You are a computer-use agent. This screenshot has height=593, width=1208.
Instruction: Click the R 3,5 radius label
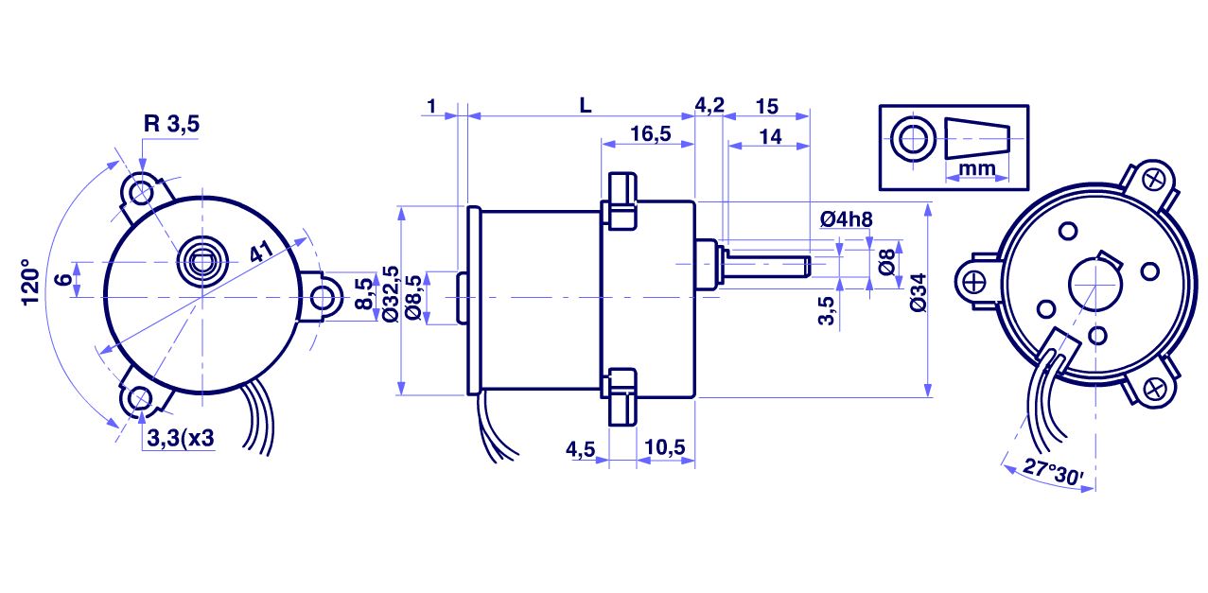point(171,123)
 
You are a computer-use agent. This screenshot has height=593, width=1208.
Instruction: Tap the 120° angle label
point(30,282)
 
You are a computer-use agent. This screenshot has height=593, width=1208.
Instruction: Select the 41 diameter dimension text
point(261,252)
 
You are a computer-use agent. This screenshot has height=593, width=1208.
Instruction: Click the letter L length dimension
point(586,105)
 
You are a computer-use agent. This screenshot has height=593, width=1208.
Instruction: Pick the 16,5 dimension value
point(650,134)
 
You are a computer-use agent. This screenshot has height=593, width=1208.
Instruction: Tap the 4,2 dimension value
point(709,105)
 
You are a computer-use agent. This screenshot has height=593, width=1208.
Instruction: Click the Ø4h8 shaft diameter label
point(846,219)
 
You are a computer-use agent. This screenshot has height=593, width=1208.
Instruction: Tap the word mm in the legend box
point(976,169)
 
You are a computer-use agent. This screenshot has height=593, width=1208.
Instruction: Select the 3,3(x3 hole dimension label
point(180,439)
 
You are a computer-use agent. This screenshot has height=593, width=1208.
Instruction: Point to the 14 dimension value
point(770,137)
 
